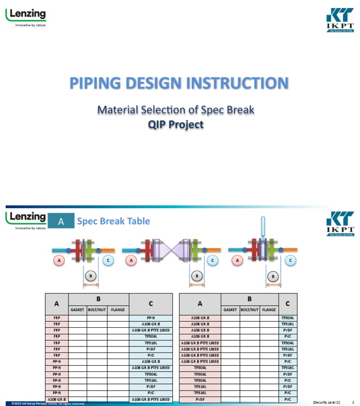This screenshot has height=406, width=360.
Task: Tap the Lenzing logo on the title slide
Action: click(x=26, y=17)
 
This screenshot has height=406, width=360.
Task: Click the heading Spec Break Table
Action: click(x=113, y=221)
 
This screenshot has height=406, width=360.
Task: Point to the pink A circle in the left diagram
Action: click(x=59, y=260)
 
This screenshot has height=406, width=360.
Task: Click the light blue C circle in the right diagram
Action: click(x=291, y=260)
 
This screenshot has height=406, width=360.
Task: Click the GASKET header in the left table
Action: click(x=78, y=310)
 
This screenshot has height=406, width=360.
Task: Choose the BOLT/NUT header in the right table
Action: click(x=249, y=310)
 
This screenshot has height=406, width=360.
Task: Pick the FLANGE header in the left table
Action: click(x=117, y=310)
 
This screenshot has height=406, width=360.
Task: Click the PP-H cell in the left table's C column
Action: click(x=150, y=318)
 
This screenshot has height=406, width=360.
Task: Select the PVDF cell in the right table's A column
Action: click(x=200, y=399)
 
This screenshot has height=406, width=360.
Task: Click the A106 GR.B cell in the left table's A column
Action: click(x=57, y=399)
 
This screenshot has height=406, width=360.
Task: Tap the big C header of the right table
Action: click(x=287, y=304)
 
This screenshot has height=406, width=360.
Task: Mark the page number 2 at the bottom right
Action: click(x=352, y=402)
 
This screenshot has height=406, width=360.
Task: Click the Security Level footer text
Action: click(x=326, y=402)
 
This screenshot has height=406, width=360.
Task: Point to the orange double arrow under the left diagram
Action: click(x=91, y=284)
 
